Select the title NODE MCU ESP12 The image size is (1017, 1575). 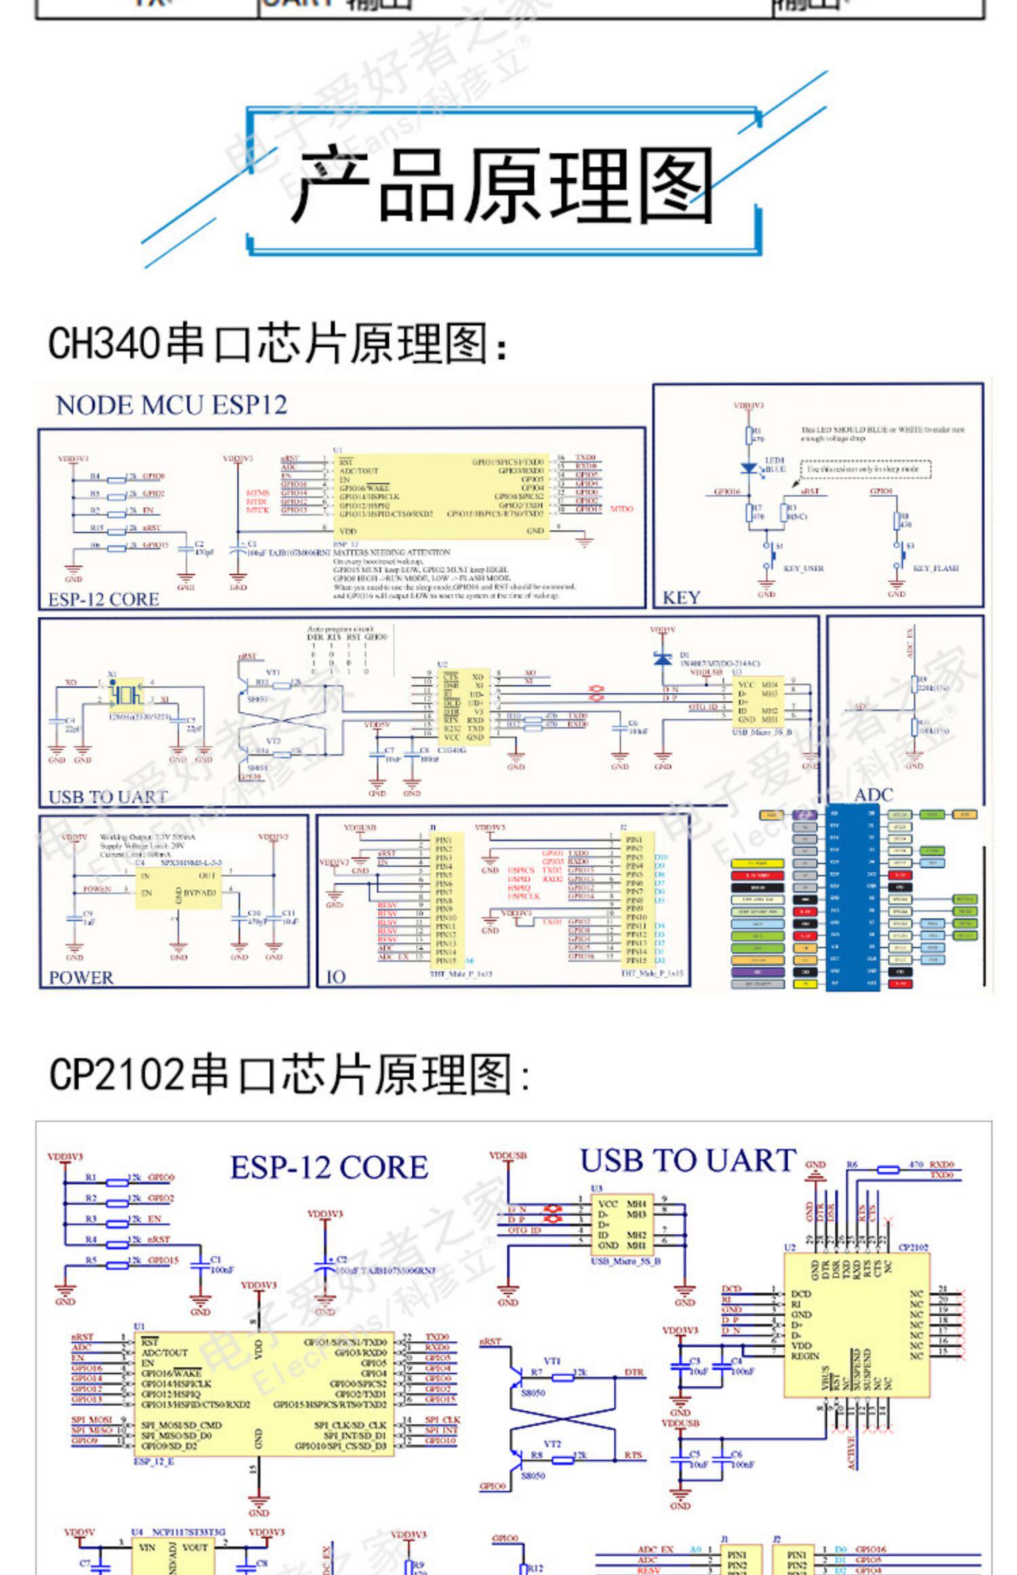(172, 406)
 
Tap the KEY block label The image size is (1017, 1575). (681, 598)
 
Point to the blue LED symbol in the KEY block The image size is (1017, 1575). (749, 467)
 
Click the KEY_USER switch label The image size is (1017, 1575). (803, 568)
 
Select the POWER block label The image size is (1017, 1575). (81, 977)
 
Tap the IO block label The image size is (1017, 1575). (336, 977)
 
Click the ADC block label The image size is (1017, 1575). (874, 794)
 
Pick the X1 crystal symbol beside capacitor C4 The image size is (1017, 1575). (126, 695)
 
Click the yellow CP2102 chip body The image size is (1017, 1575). (856, 1325)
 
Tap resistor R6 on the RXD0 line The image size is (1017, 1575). (888, 1169)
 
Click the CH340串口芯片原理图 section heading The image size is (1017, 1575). (278, 343)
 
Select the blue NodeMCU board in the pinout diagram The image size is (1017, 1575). (852, 899)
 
